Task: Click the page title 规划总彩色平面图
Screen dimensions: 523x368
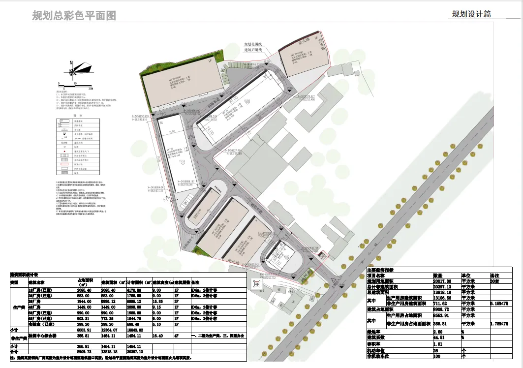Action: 74,16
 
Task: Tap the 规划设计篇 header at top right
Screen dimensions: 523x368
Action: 471,14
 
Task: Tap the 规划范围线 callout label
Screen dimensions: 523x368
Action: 254,45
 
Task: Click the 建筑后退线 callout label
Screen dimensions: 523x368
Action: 254,50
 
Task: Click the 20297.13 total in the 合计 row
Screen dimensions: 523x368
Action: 136,352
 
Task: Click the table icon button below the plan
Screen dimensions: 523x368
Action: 256,283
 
